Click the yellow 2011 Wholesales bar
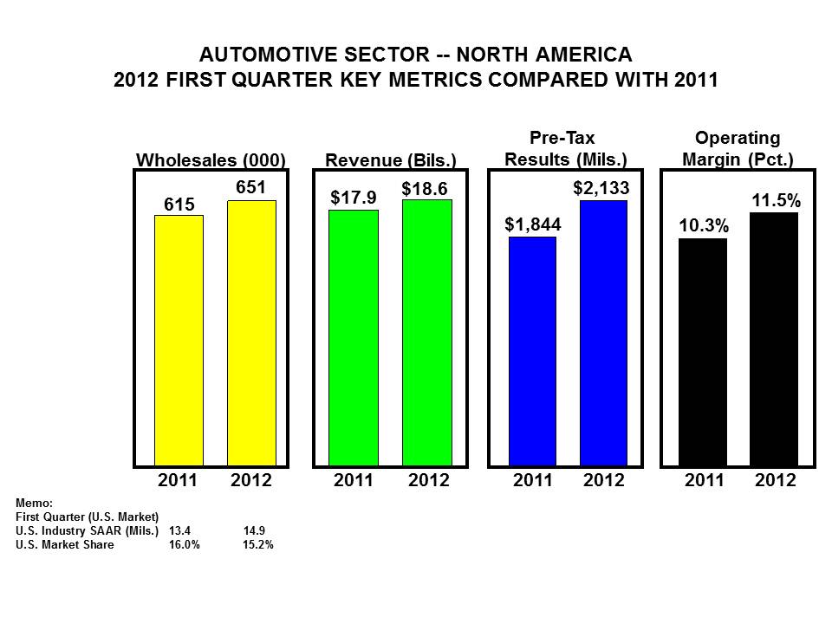pyautogui.click(x=179, y=340)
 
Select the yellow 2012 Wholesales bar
pyautogui.click(x=251, y=333)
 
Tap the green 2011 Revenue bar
pyautogui.click(x=353, y=337)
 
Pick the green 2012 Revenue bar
pyautogui.click(x=427, y=332)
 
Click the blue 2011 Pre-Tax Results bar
pyautogui.click(x=532, y=351)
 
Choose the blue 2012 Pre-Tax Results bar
pyautogui.click(x=603, y=333)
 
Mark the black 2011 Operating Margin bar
pyautogui.click(x=703, y=352)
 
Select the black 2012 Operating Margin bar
pyautogui.click(x=774, y=339)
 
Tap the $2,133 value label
pyautogui.click(x=601, y=188)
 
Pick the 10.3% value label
pyautogui.click(x=703, y=226)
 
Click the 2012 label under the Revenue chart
pyautogui.click(x=428, y=480)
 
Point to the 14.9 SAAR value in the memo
pyautogui.click(x=254, y=530)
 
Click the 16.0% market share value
pyautogui.click(x=185, y=545)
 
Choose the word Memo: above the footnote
pyautogui.click(x=35, y=503)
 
